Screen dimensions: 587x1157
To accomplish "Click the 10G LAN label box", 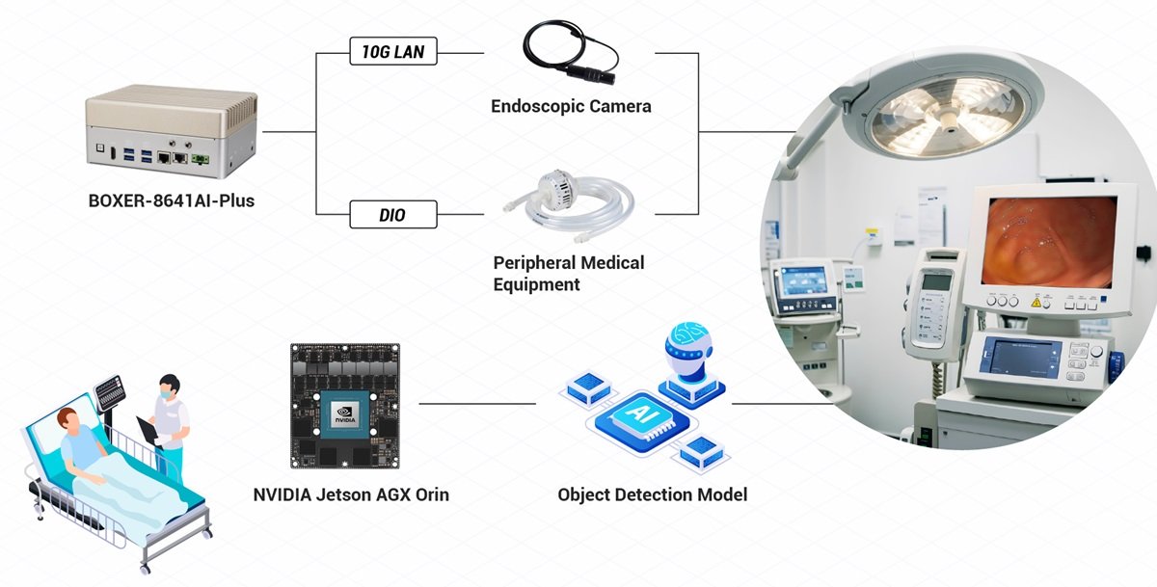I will click(392, 53).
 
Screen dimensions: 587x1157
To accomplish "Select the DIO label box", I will click(392, 214).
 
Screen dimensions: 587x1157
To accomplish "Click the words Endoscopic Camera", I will click(571, 106).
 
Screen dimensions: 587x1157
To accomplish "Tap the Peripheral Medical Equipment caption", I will click(569, 273).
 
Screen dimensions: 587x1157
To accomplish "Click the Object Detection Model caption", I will click(652, 495).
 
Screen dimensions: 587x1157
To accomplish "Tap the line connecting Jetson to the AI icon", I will click(476, 404).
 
